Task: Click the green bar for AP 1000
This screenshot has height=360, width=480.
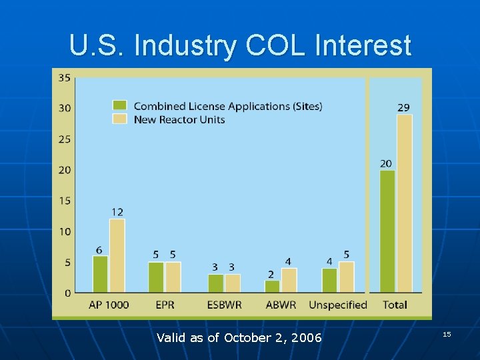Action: coord(100,274)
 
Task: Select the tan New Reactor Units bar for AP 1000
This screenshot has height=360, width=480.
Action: coord(117,255)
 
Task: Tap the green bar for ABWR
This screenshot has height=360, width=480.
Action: coord(272,286)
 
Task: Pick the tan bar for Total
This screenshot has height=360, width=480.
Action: coord(404,203)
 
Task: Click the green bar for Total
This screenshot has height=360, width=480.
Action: coord(387,231)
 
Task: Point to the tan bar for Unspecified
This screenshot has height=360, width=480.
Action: coord(346,277)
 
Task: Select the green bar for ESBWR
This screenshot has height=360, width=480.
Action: coord(215,283)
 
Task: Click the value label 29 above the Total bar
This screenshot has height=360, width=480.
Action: coord(403,107)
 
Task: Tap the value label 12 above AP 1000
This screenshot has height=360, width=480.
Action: coord(117,211)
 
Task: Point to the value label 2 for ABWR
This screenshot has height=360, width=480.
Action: coord(271,274)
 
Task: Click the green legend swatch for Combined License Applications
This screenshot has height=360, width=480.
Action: coord(120,105)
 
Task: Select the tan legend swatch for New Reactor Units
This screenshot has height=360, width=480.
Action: coord(120,119)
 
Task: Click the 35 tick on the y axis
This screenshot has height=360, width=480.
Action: coord(65,78)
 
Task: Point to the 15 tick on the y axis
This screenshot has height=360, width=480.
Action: coord(65,201)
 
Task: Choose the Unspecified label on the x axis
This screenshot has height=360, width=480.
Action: coord(338,305)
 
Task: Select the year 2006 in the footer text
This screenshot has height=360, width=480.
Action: coord(306,338)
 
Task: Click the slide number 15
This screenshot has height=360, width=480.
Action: coord(447,333)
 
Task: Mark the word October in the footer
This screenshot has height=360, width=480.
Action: coord(246,338)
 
